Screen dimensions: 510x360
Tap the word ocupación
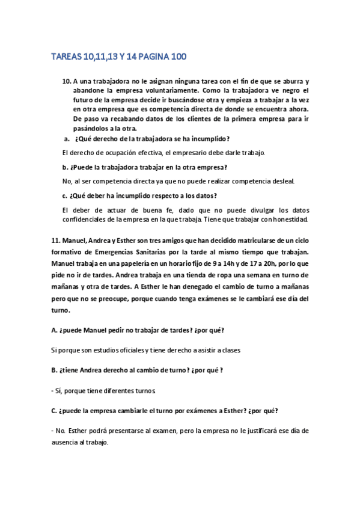pyautogui.click(x=121, y=153)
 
